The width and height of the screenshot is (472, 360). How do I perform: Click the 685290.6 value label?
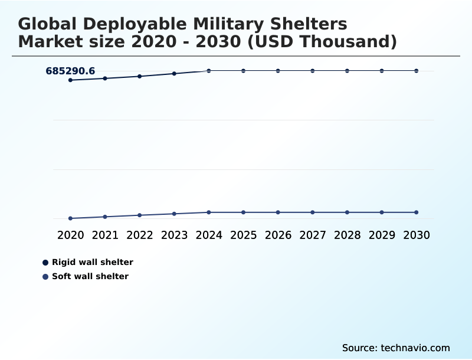pyautogui.click(x=70, y=71)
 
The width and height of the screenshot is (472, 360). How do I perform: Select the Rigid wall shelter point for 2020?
pyautogui.click(x=71, y=80)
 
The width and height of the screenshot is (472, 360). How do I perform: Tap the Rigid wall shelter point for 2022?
pyautogui.click(x=140, y=76)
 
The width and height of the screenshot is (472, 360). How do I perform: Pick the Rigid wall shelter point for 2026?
pyautogui.click(x=278, y=71)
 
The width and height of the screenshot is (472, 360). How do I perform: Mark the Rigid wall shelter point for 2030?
pyautogui.click(x=417, y=71)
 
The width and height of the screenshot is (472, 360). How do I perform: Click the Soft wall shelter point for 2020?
pyautogui.click(x=71, y=218)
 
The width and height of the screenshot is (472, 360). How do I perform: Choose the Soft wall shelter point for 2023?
pyautogui.click(x=174, y=214)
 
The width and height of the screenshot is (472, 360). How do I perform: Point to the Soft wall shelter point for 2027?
pyautogui.click(x=313, y=212)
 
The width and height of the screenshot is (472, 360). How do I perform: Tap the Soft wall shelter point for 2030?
pyautogui.click(x=417, y=212)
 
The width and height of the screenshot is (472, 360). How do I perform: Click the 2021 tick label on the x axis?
pyautogui.click(x=105, y=235)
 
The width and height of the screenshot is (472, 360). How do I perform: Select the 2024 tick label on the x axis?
pyautogui.click(x=209, y=235)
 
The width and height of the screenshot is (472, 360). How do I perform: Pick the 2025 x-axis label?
pyautogui.click(x=243, y=235)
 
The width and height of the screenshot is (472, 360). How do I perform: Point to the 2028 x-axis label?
pyautogui.click(x=347, y=235)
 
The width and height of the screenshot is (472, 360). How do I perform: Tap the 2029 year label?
pyautogui.click(x=382, y=235)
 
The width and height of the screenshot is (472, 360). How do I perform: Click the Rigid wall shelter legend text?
pyautogui.click(x=93, y=262)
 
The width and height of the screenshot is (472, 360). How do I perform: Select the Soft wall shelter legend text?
pyautogui.click(x=90, y=276)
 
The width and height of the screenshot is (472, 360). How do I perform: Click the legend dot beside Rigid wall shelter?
pyautogui.click(x=45, y=263)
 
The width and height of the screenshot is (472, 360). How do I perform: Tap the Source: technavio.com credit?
pyautogui.click(x=396, y=348)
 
